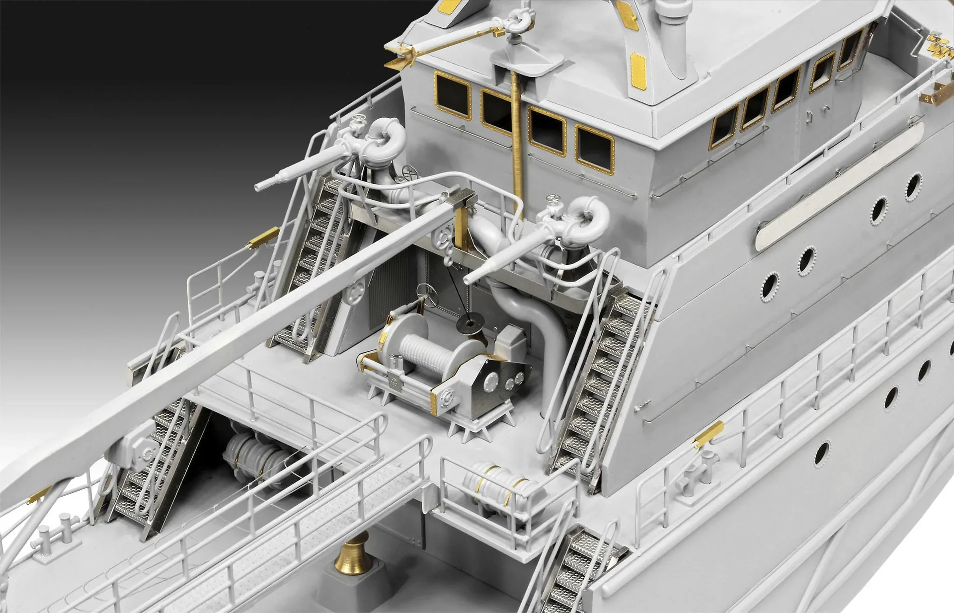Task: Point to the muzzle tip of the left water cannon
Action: tap(257, 187)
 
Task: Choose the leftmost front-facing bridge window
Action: tap(452, 95)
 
